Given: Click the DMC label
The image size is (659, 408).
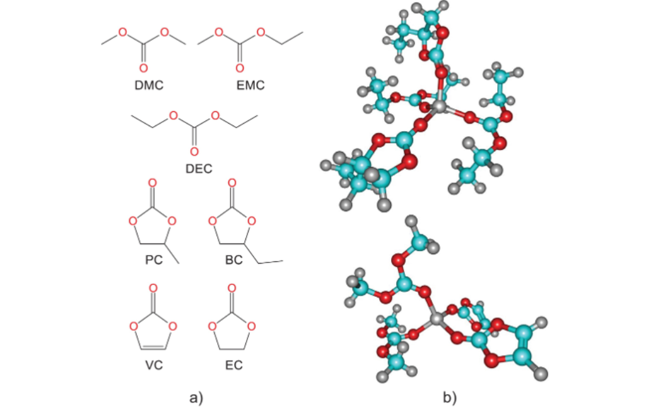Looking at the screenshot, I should pos(149,85).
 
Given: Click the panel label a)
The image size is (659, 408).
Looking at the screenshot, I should pos(196,397).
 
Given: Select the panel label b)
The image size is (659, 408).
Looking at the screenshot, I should pos(449,397).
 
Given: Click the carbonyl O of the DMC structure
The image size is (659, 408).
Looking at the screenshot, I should pos(144,68).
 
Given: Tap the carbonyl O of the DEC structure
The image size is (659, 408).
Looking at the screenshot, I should pos(194,151).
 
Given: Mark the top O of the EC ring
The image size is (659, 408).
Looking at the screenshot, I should pos(232,289).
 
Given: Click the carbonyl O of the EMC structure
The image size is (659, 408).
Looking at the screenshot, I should pos(239,68).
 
